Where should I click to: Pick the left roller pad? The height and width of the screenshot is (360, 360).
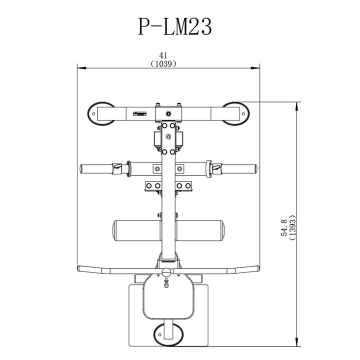(x=136, y=231)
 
